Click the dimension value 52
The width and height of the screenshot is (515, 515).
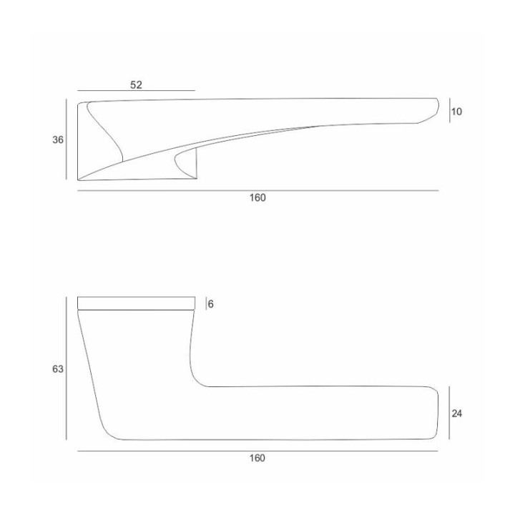coord(137,84)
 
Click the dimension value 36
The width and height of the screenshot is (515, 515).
coord(58,140)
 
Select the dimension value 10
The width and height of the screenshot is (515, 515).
coord(456,112)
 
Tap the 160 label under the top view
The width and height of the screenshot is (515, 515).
coord(257,197)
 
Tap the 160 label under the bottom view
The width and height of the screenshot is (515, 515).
coord(257,458)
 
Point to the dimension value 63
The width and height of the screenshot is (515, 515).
coord(58,369)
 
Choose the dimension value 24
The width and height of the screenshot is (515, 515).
coord(457,414)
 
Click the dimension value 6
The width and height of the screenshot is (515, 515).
coord(211,304)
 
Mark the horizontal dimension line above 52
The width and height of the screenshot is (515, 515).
coord(137,90)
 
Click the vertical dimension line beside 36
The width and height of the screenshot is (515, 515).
coord(67,139)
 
